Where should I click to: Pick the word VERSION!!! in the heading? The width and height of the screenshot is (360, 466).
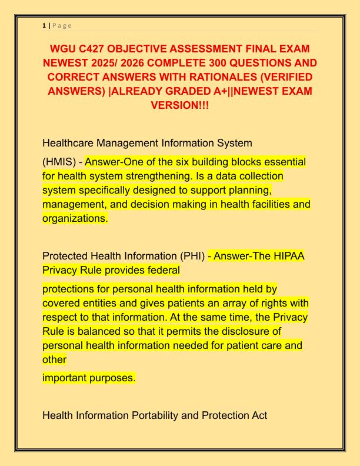point(179,106)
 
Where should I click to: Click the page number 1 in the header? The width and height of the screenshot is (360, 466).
point(44,25)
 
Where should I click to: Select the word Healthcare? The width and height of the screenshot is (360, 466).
point(71,143)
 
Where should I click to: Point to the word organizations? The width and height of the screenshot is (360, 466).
point(75,218)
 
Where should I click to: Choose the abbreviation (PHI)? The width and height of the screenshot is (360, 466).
point(191,256)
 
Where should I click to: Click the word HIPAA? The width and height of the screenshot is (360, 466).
point(290,256)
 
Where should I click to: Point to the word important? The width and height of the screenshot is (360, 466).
point(65,378)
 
